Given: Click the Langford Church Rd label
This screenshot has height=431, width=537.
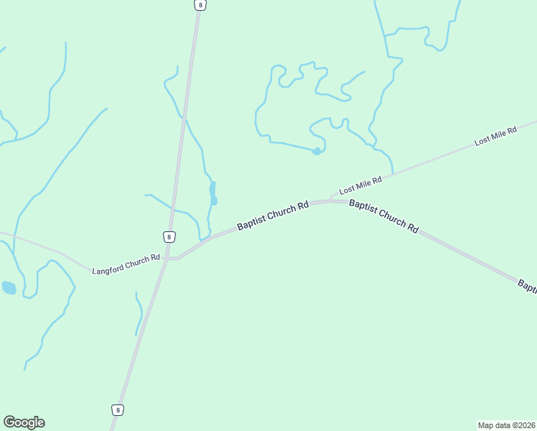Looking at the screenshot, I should [126, 264].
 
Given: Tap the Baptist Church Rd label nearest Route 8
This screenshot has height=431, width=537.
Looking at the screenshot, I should [273, 215].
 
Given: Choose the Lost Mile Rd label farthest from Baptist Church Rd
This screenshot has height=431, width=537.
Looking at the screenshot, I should [495, 136].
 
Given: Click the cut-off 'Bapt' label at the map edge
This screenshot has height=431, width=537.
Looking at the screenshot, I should [526, 285].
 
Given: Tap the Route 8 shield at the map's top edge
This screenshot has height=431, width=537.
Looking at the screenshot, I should [200, 4].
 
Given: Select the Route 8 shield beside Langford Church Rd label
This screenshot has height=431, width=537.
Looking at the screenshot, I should [169, 236].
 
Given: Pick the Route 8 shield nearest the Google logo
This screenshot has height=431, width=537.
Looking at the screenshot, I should [118, 409].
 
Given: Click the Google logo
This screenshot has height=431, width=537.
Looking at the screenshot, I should [24, 422].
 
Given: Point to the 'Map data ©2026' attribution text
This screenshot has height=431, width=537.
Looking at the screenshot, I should [506, 425].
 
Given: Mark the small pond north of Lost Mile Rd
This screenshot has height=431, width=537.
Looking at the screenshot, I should [316, 151].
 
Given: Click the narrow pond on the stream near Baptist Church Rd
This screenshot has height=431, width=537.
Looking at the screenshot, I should [213, 194].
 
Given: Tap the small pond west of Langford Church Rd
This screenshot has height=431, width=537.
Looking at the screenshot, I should [9, 288].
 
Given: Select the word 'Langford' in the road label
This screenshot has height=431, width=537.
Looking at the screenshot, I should [111, 267].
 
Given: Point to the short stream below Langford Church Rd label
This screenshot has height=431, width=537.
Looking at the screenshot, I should [139, 313].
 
